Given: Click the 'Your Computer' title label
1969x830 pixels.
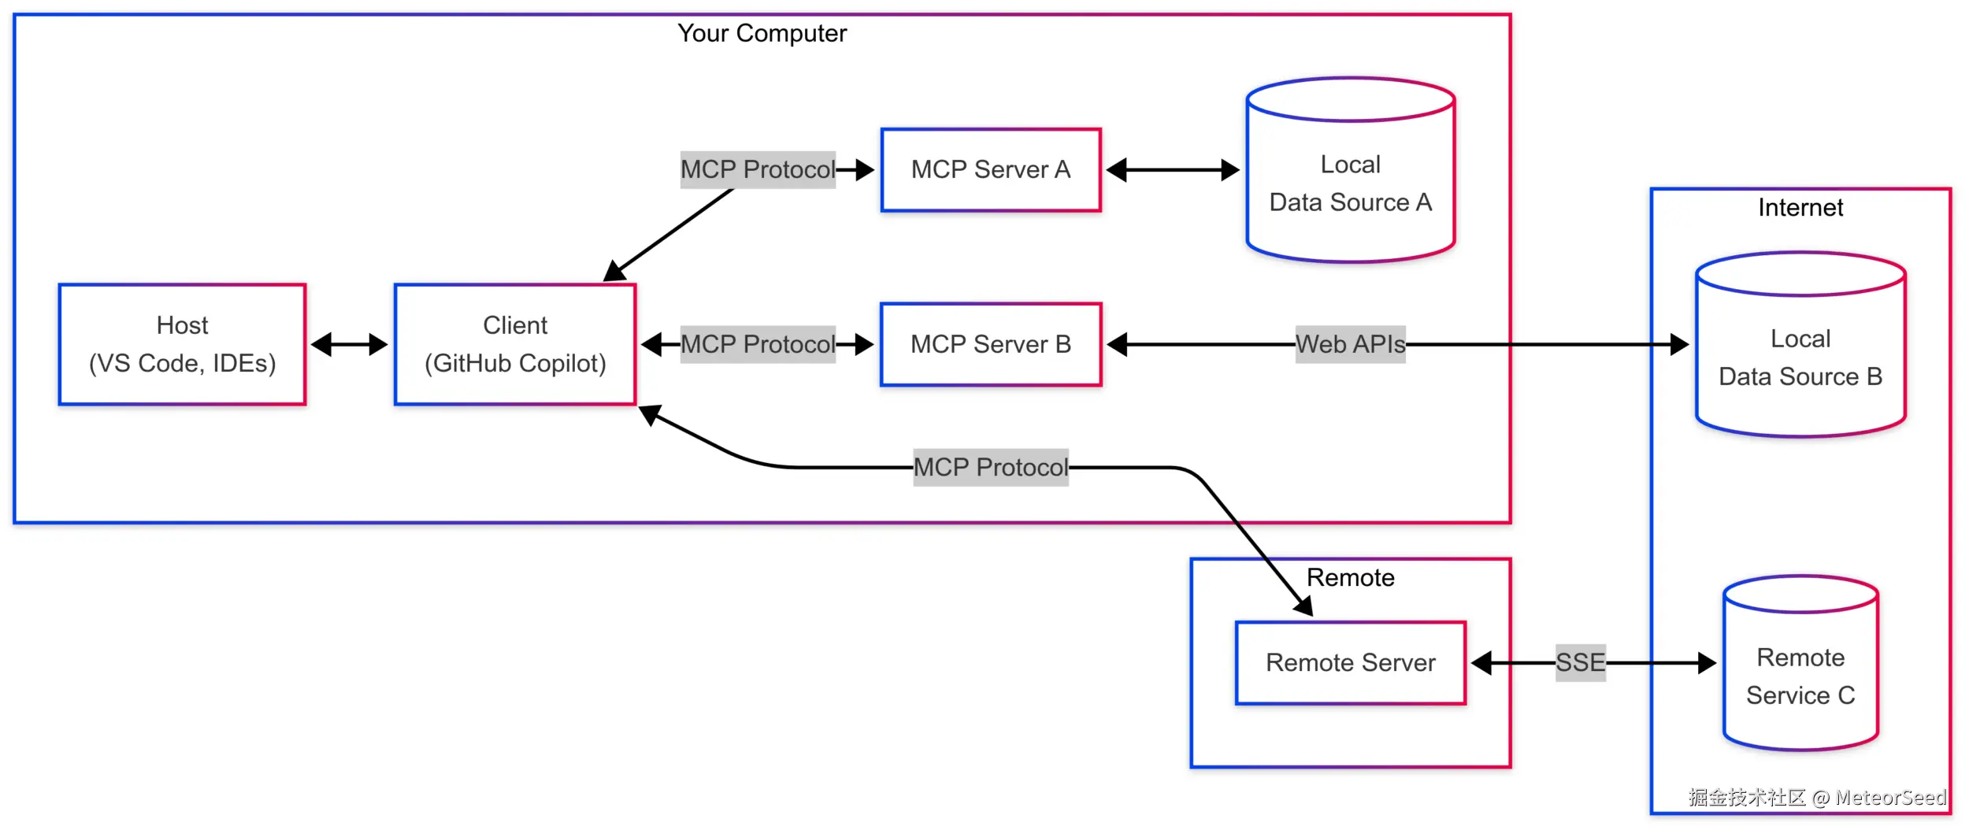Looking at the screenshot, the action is [762, 33].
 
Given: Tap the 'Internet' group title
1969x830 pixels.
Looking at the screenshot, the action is [1800, 208].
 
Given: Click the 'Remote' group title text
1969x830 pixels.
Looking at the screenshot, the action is [1351, 578].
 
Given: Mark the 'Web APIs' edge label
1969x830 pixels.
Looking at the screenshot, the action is [1351, 344].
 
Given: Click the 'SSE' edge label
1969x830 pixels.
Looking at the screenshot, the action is [1581, 662].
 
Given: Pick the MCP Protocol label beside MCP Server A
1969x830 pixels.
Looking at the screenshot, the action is [758, 169].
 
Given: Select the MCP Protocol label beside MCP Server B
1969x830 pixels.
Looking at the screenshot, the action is [758, 344].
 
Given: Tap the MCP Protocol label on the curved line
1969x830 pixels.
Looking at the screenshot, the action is [991, 467].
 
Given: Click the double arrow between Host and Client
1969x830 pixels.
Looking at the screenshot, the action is [350, 344].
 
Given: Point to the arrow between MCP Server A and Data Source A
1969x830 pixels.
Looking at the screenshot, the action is [1173, 170].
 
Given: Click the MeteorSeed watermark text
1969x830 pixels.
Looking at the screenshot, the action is [1891, 798].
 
